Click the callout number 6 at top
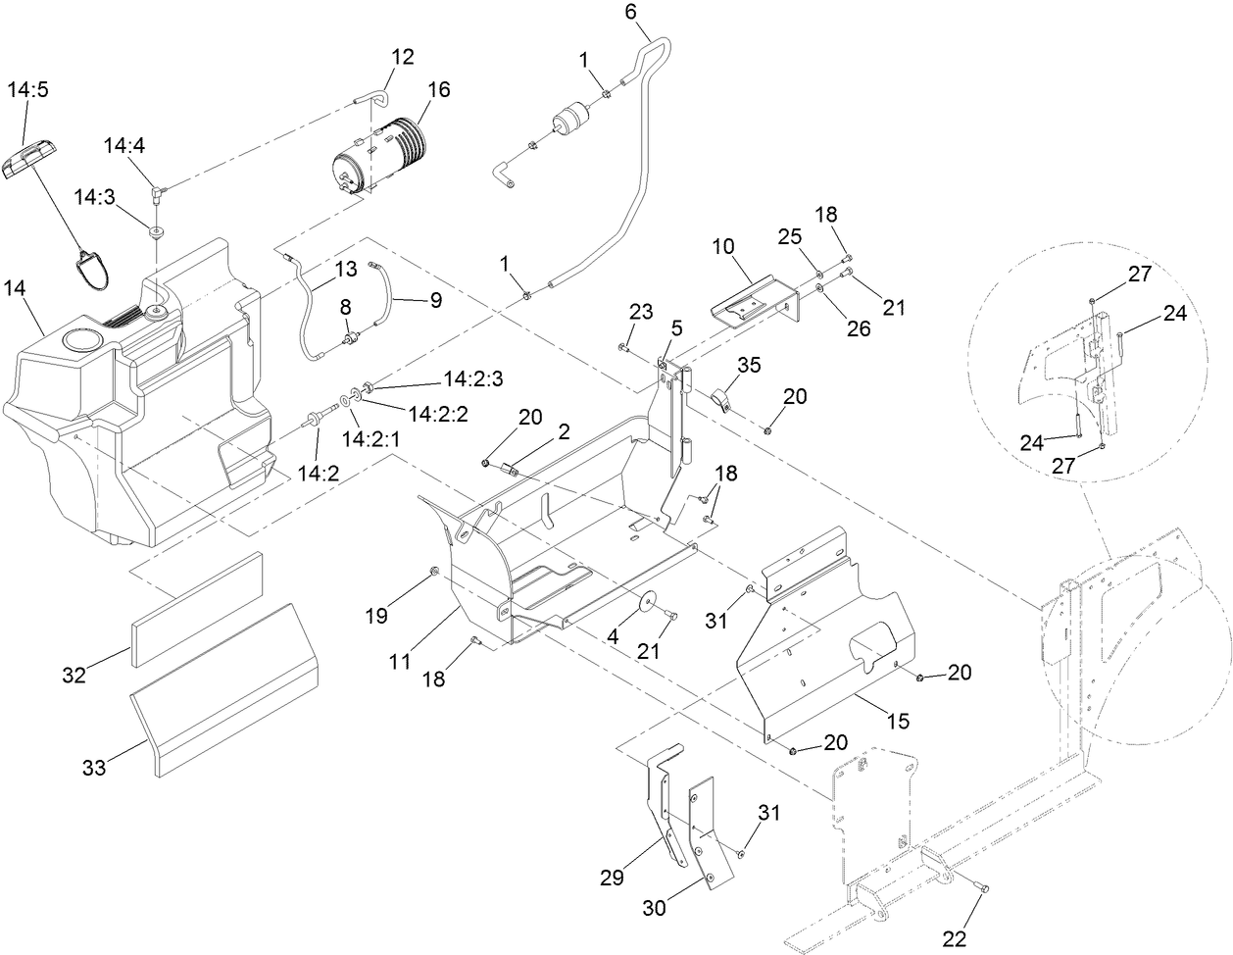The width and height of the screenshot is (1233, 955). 630,12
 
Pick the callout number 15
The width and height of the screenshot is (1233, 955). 898,721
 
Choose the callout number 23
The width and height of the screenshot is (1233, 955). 640,313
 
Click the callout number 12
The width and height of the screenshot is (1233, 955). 403,56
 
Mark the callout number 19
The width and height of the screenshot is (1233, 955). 377,616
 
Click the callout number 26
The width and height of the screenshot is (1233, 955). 858,329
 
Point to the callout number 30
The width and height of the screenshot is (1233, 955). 654,908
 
